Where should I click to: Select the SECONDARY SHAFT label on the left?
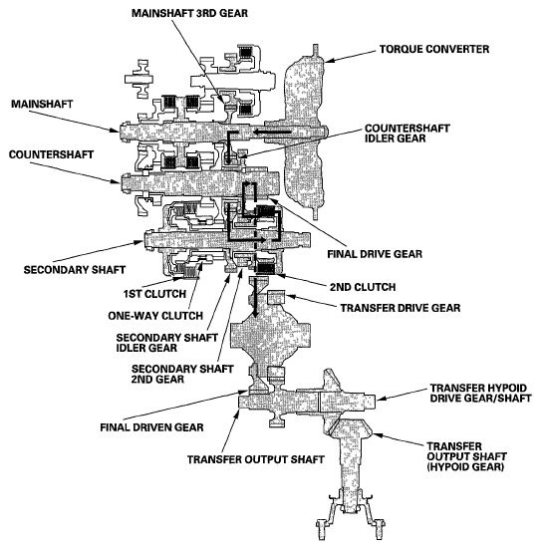click(x=66, y=269)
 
